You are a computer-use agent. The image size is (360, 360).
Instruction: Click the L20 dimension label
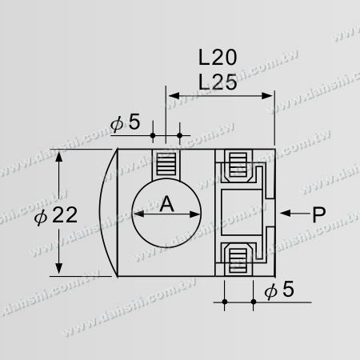(x=218, y=58)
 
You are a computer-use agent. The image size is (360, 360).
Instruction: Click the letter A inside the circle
(x=166, y=204)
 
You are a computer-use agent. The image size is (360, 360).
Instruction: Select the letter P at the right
(x=318, y=214)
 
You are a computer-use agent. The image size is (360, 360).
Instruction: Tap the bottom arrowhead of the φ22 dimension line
(x=61, y=270)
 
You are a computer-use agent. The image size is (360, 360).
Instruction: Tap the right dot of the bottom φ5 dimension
(x=254, y=302)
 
